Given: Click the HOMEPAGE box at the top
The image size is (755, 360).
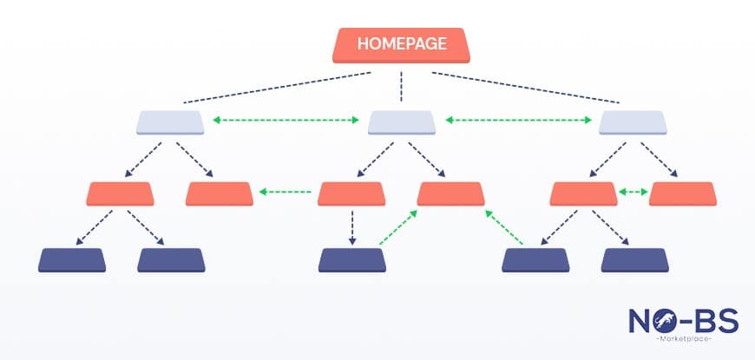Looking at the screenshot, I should click(x=400, y=45).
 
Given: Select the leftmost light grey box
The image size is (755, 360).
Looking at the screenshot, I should click(x=170, y=122).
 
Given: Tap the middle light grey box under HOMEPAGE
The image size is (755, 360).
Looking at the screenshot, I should click(x=401, y=122).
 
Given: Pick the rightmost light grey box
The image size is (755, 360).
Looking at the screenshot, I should click(x=633, y=122).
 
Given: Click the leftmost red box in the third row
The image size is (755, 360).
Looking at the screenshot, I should click(x=121, y=193).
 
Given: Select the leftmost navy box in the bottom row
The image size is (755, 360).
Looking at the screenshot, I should click(x=73, y=260).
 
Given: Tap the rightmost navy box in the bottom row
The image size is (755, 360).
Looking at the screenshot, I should click(x=634, y=260).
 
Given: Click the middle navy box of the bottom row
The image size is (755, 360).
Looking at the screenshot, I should click(x=352, y=260).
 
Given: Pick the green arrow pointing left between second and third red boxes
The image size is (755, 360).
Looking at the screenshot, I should click(x=286, y=192).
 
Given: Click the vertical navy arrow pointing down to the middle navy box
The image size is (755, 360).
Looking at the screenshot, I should click(x=352, y=226).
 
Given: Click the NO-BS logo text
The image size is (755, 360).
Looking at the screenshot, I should click(x=684, y=322).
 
